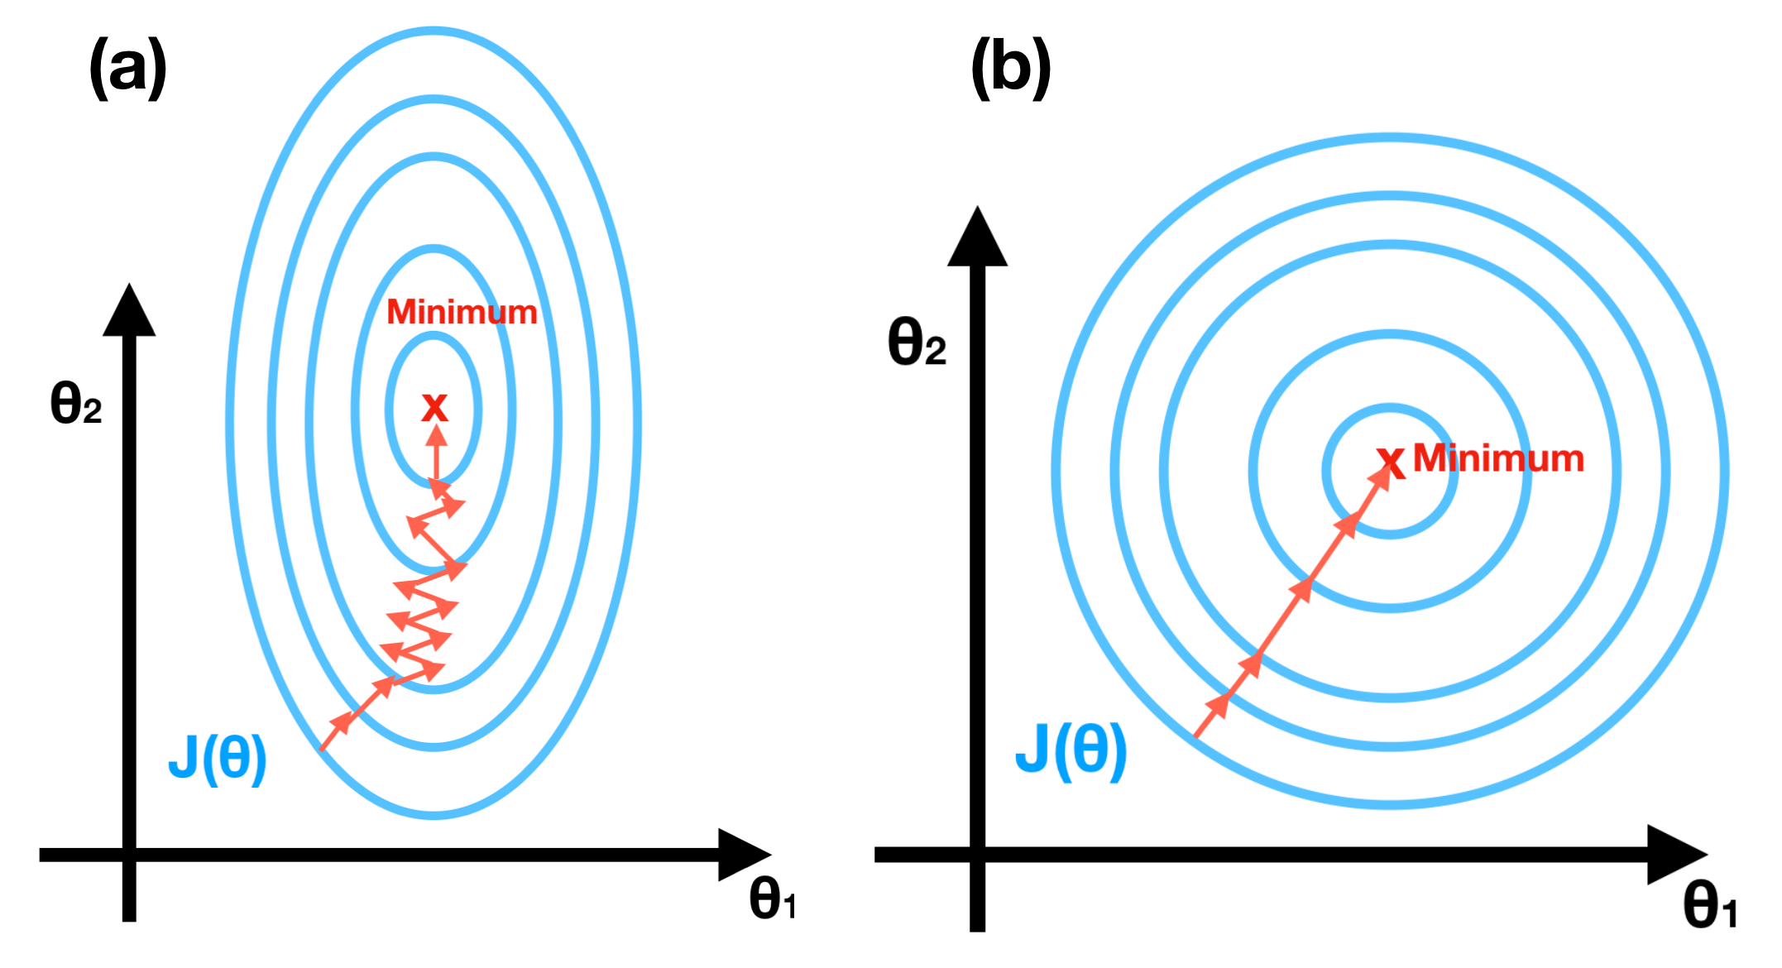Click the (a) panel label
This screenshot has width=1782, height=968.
pos(128,68)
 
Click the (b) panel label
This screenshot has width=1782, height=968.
pos(1010,68)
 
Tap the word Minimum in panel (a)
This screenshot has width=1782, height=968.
pos(462,313)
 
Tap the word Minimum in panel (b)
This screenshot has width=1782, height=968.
pos(1498,458)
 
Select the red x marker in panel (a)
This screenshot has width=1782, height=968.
pos(434,407)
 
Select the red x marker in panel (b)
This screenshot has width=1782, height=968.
pos(1391,462)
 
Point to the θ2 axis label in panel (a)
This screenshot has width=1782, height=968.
pos(76,404)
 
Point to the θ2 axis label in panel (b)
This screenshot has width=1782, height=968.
pos(917,342)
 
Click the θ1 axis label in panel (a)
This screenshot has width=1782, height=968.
pos(773,900)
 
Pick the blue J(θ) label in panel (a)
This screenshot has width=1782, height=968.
pos(218,758)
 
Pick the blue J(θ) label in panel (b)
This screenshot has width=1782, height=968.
pos(1071,750)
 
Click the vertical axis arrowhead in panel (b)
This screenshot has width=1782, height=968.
pos(977,238)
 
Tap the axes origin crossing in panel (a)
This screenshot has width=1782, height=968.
pos(129,855)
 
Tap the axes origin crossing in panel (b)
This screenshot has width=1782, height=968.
pos(977,855)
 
